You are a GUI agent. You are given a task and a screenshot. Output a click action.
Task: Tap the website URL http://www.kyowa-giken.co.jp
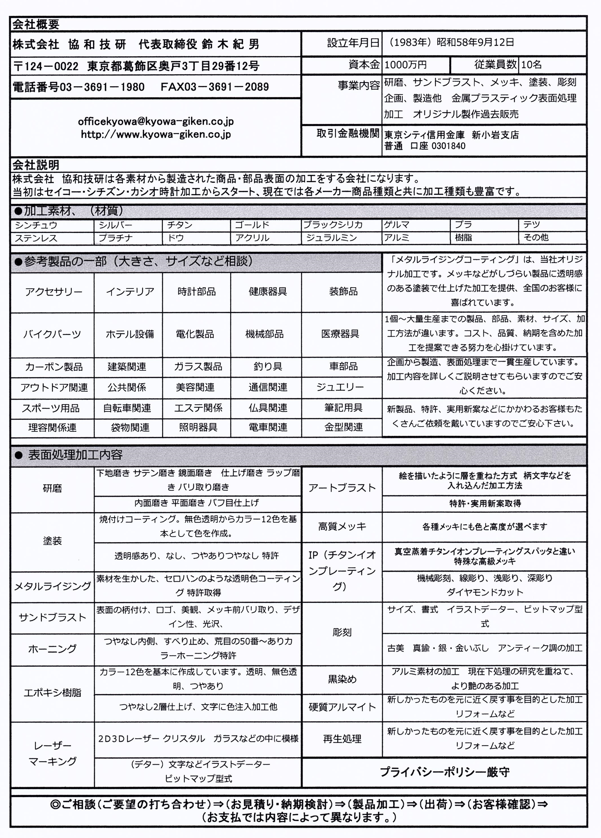(156, 134)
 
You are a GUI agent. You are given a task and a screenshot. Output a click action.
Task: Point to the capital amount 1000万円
(405, 65)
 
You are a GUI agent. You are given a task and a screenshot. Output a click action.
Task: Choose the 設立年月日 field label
(353, 43)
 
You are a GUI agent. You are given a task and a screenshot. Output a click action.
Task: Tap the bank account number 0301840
(448, 146)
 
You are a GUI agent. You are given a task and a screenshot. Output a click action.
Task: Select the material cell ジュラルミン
(331, 238)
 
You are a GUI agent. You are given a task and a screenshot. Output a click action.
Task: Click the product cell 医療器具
(340, 334)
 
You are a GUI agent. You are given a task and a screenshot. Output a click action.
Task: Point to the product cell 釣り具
(267, 367)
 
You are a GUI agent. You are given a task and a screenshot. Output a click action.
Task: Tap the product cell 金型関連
(343, 427)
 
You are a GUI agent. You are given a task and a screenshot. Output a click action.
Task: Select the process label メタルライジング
(52, 586)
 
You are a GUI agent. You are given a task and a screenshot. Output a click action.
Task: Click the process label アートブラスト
(342, 488)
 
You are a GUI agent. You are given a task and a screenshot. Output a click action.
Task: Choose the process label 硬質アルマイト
(342, 707)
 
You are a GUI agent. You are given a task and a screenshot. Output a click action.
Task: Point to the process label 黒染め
(342, 679)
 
